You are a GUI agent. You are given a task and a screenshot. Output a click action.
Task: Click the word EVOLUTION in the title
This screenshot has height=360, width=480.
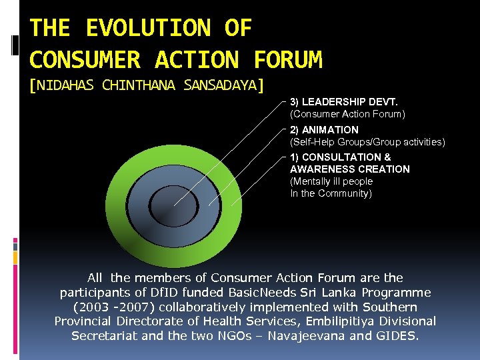pos(148,28)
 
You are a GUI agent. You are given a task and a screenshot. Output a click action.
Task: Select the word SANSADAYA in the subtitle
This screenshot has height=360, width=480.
pos(217,85)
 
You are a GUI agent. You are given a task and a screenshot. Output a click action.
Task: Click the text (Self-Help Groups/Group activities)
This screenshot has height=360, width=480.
pos(367,142)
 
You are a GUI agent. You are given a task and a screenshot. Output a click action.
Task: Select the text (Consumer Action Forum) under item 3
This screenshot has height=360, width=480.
pos(347,114)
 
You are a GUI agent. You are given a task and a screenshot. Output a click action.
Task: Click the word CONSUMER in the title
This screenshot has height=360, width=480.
pos(85,60)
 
